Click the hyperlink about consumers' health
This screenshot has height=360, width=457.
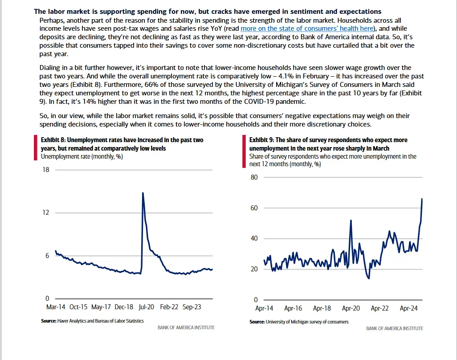(x=306, y=29)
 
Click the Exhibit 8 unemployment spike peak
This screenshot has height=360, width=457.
(x=143, y=193)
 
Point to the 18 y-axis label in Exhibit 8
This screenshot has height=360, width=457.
(x=45, y=170)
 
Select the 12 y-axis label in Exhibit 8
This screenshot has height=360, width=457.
(x=45, y=213)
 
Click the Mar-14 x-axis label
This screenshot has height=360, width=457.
(x=55, y=307)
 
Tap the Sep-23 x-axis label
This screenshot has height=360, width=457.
(x=192, y=307)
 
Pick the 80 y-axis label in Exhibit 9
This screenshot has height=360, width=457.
(x=254, y=177)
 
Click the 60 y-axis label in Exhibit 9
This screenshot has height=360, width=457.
(x=254, y=208)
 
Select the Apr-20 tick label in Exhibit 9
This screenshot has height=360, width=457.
(x=351, y=308)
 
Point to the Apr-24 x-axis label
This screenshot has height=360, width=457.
(x=408, y=308)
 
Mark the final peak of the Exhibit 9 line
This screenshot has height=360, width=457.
(x=422, y=199)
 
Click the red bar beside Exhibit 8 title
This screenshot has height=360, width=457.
(x=35, y=147)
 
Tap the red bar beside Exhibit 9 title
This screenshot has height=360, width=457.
(x=244, y=151)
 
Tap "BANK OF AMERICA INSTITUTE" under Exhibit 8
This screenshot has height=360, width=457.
(x=186, y=327)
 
